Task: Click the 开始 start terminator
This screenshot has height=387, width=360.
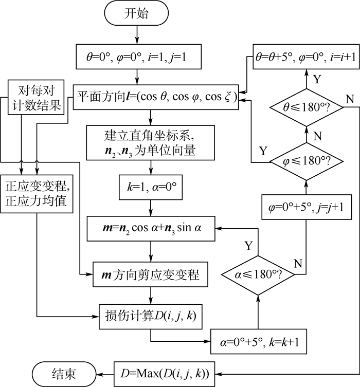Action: [136, 14]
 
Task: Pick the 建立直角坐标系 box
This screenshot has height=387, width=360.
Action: [150, 143]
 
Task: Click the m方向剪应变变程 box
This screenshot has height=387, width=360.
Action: [150, 276]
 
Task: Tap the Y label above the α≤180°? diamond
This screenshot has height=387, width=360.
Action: [249, 245]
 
